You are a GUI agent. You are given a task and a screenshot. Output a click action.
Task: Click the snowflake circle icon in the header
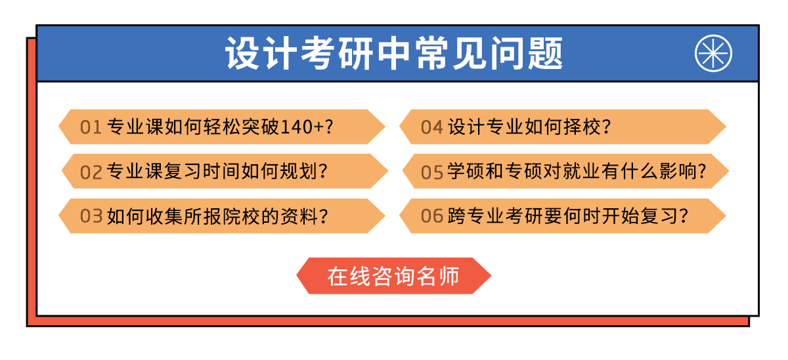click(713, 53)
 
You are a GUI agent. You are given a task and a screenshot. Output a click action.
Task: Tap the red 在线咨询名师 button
click(393, 275)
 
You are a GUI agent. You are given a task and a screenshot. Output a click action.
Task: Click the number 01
click(91, 127)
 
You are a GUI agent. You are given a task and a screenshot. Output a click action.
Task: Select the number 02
click(91, 172)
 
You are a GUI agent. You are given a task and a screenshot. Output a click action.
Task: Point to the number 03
click(91, 216)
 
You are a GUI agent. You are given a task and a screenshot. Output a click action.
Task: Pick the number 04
click(431, 127)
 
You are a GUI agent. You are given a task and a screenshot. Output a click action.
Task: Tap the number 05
click(431, 172)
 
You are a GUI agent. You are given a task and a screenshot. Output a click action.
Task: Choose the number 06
click(431, 216)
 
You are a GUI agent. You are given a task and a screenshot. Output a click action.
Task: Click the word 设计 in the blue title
click(261, 53)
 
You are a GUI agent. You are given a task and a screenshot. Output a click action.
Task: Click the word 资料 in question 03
click(299, 215)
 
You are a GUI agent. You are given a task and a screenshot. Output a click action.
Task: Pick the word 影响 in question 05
click(678, 171)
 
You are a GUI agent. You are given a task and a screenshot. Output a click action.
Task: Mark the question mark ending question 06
click(683, 215)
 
